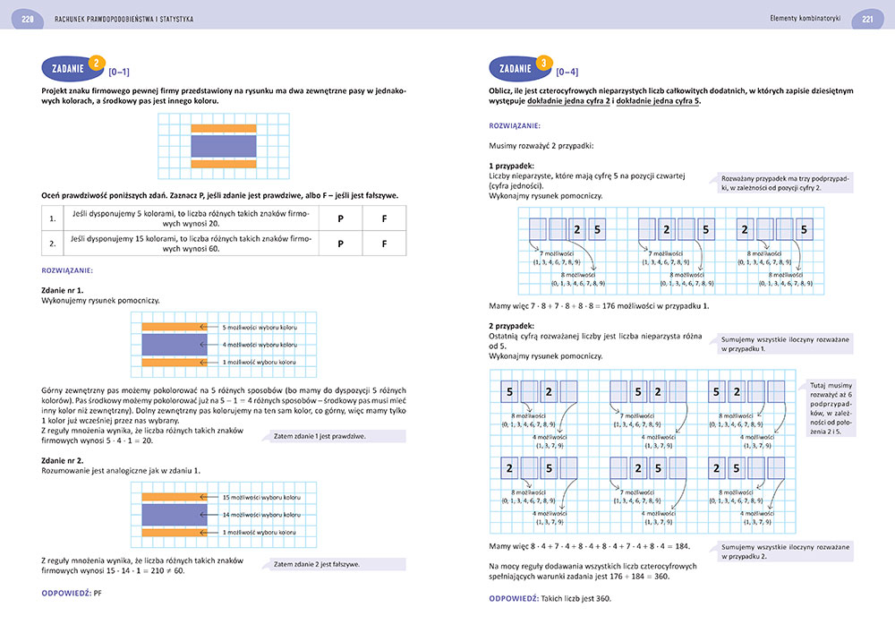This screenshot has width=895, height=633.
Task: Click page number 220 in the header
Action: [27, 19]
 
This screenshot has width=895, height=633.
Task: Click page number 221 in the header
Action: [867, 19]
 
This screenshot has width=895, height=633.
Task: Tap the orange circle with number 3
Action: [543, 64]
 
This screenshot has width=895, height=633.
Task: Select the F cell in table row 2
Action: [384, 243]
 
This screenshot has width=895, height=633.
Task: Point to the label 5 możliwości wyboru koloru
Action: [259, 327]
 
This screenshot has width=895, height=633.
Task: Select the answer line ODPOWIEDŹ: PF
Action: [74, 593]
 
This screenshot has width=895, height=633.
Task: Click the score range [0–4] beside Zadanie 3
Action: [567, 71]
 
